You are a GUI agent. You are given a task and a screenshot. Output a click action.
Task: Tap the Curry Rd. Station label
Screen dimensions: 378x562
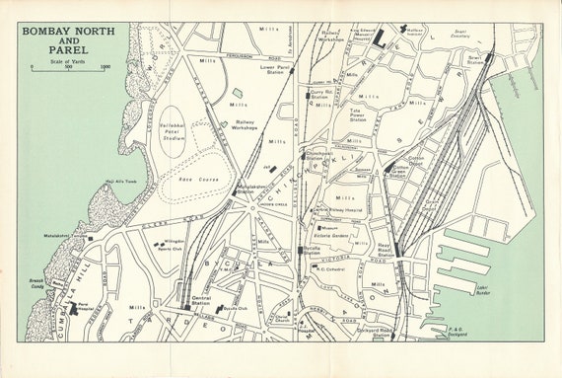coord(319,95)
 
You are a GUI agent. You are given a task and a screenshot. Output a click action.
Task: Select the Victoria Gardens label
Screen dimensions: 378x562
coord(333,236)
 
